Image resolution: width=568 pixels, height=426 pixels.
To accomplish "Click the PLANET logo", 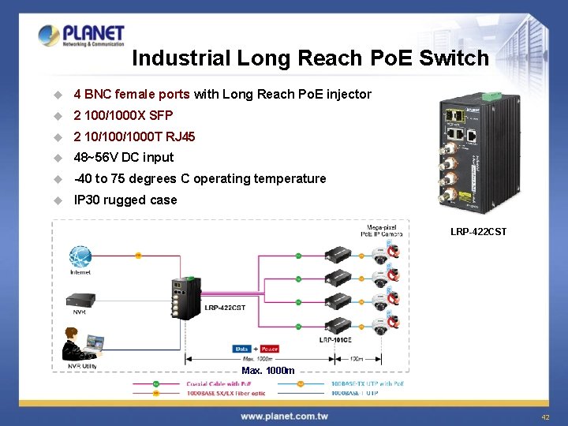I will point(81,36).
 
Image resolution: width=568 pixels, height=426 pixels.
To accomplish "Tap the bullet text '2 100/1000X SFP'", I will point(123,115).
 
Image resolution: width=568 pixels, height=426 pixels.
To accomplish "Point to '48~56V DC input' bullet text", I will point(123,157).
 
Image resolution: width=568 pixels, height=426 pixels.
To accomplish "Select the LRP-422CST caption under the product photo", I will point(478,232).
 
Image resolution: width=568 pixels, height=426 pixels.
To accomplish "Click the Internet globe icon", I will point(80,256).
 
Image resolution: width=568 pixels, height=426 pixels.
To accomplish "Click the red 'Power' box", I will point(269,348).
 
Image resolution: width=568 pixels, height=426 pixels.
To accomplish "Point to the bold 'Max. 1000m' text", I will point(268,371).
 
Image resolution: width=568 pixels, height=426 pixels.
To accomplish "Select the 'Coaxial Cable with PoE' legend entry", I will point(219,384).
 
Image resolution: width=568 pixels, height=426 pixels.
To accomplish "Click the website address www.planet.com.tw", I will point(285,416).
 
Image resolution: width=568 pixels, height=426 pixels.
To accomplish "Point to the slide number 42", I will point(545,417).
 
